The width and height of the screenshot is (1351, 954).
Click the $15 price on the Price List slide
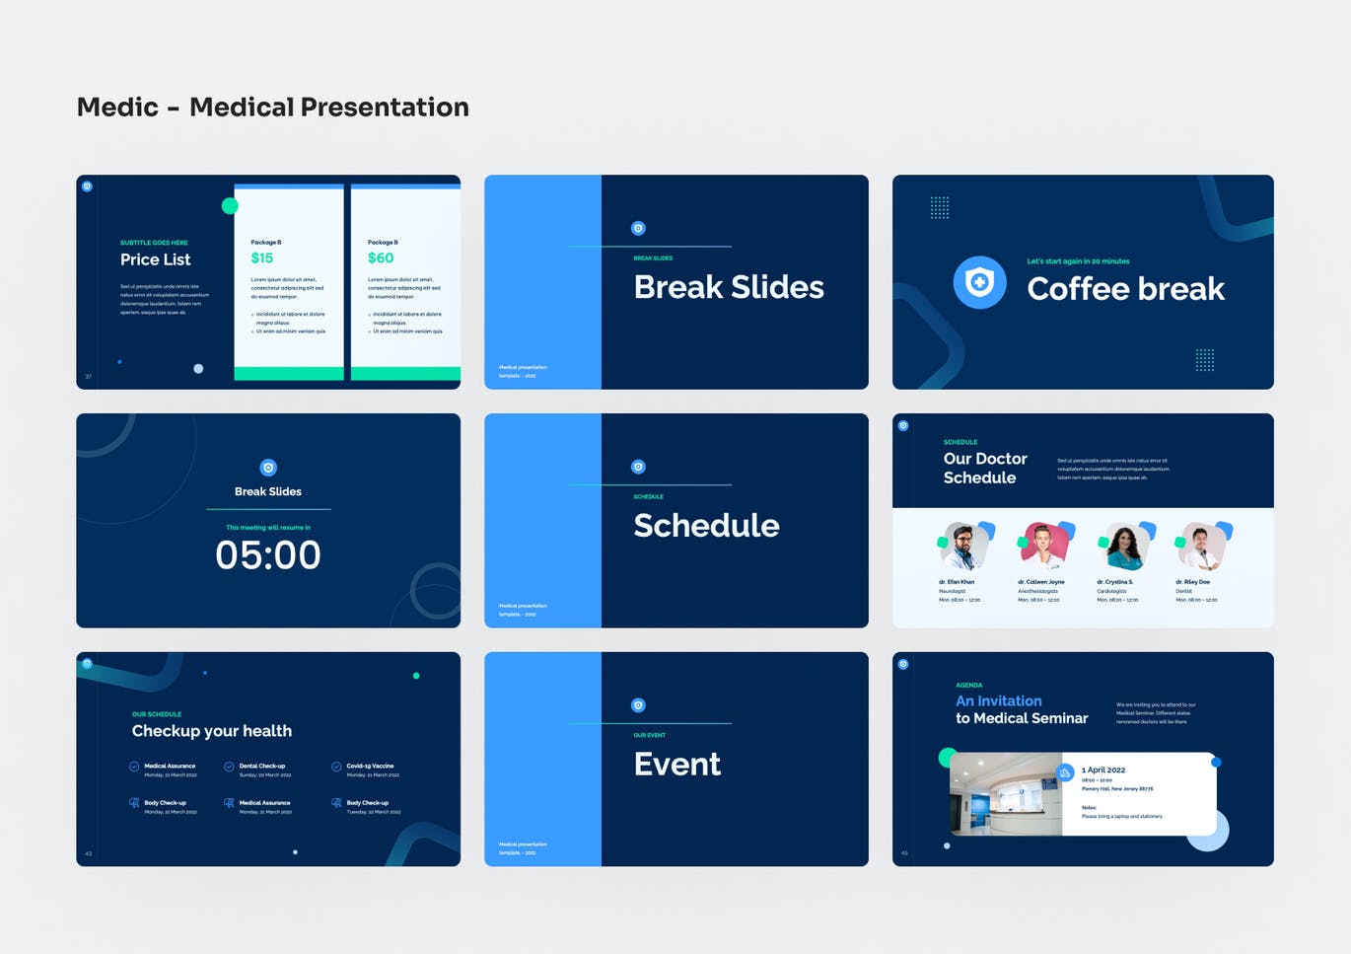click(x=261, y=258)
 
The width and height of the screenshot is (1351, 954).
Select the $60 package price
click(x=380, y=258)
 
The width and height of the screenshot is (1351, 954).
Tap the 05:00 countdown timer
click(x=268, y=555)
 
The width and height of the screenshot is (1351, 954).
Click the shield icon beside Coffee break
click(x=979, y=283)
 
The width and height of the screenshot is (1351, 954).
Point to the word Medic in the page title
click(x=117, y=107)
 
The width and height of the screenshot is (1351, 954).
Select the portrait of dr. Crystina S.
click(x=1122, y=547)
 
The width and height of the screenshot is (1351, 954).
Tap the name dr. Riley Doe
click(x=1192, y=582)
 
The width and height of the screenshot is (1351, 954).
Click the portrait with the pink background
click(x=1043, y=547)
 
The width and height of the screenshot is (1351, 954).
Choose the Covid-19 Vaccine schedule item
click(x=369, y=767)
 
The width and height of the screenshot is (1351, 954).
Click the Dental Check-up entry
click(x=261, y=767)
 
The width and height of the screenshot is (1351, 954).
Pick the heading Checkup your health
click(x=212, y=731)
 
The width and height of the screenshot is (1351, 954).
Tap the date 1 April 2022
click(x=1103, y=770)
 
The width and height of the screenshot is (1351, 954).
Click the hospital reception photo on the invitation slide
click(x=1005, y=794)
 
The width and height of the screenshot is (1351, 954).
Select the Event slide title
click(x=677, y=765)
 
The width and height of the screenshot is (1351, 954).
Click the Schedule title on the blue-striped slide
click(x=706, y=526)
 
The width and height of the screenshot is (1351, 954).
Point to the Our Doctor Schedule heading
click(x=985, y=469)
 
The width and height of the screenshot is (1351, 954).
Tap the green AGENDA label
click(x=968, y=685)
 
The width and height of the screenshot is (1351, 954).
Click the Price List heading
click(x=155, y=259)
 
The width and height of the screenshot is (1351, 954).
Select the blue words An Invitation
click(x=998, y=701)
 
